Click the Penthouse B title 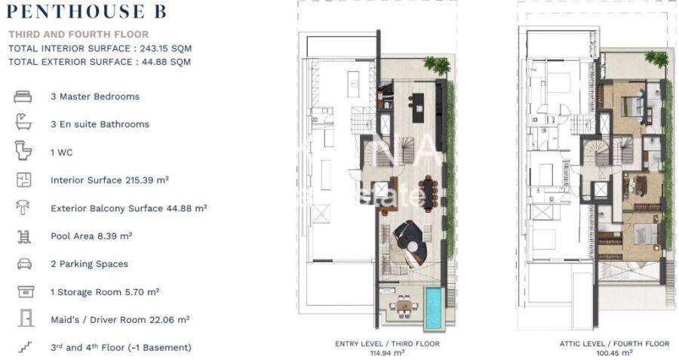87,11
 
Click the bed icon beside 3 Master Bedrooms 23,96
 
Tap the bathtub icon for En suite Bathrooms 23,122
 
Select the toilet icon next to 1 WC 23,151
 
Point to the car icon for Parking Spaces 24,264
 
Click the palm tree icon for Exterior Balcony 23,208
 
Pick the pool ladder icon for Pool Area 24,236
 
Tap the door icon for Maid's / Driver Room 26,318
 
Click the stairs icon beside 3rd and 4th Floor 26,347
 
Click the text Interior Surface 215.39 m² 109,180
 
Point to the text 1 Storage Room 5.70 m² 105,292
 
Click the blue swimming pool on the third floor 433,308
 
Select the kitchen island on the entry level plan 418,108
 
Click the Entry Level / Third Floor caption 387,343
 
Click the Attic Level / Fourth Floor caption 614,343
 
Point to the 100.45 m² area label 614,353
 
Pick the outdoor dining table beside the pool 404,306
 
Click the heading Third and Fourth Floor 78,34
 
